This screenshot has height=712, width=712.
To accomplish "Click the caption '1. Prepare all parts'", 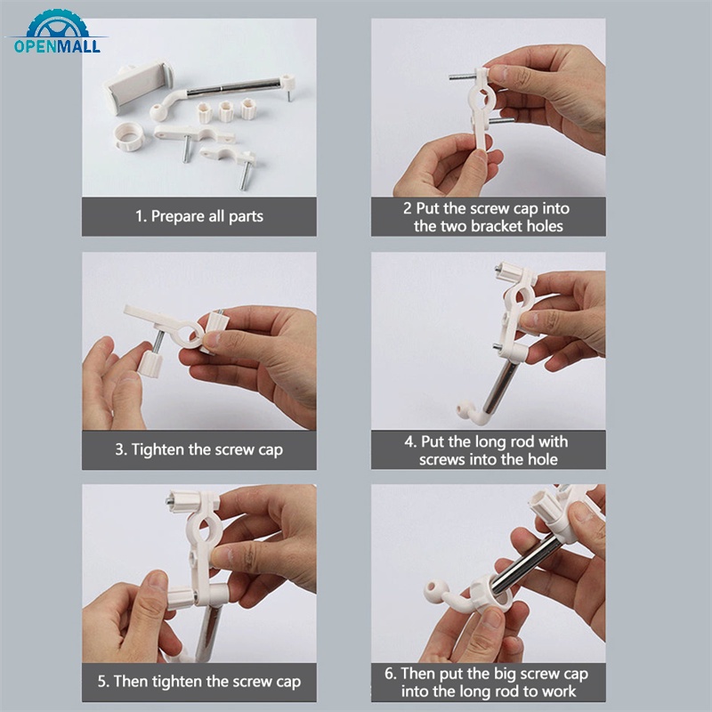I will (198, 216).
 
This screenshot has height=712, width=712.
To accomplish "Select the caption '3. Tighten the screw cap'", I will (198, 449).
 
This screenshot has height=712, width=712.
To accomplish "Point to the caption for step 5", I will (198, 683).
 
